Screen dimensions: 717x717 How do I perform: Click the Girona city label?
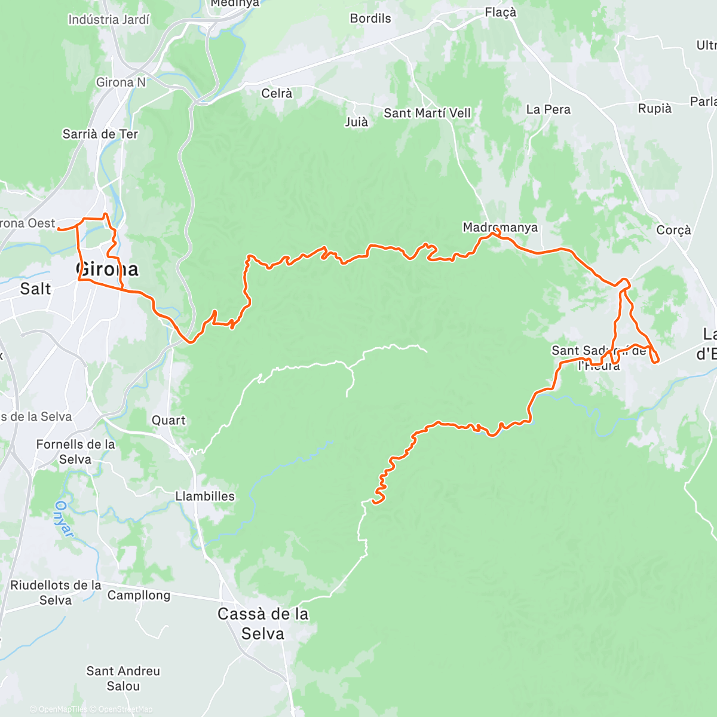108,269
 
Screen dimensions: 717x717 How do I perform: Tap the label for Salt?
35,289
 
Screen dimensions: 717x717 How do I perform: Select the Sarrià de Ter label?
100,134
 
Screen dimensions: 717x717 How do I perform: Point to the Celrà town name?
277,94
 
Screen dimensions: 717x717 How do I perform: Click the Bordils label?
370,19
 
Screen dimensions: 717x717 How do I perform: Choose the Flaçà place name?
500,13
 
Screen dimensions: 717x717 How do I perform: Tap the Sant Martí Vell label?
427,113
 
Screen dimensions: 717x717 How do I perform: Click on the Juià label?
356,122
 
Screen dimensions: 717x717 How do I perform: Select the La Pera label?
548,110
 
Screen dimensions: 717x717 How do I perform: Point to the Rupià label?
654,109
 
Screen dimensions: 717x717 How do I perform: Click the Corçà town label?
673,230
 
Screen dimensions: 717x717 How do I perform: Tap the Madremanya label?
500,228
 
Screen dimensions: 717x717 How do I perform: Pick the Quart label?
168,421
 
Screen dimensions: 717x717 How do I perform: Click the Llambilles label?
205,497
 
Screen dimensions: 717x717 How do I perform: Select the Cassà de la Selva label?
263,623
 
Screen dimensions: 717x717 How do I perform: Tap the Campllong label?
139,596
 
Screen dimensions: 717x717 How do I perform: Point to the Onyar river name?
64,519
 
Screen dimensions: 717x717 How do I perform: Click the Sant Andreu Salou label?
123,679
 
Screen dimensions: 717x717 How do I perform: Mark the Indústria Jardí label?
109,20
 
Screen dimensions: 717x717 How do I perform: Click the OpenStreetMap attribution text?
125,709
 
